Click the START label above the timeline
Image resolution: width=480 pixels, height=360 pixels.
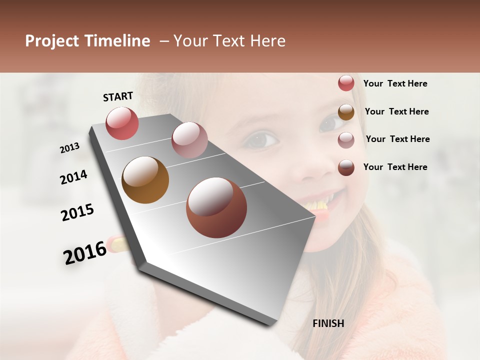click(118, 96)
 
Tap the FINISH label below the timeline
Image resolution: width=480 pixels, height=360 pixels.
click(328, 323)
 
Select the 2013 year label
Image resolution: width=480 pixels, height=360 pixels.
click(70, 148)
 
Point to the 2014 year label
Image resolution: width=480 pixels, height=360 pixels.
click(73, 177)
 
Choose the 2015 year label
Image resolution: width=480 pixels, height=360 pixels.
click(77, 212)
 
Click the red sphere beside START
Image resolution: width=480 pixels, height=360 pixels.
click(122, 123)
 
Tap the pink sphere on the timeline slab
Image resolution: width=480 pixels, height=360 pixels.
click(189, 140)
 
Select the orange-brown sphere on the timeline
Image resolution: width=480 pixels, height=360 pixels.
click(145, 180)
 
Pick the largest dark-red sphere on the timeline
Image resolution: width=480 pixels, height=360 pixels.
click(216, 207)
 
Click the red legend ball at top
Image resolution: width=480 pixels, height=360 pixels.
click(346, 83)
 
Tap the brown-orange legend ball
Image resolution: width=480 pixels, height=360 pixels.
click(346, 112)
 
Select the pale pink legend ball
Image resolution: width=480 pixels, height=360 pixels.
click(346, 140)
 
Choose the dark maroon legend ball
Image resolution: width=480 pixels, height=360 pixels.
click(346, 167)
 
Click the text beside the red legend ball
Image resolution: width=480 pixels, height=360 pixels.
click(395, 83)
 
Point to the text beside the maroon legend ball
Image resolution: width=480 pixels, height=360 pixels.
click(395, 167)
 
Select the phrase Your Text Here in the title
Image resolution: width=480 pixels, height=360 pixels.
click(229, 41)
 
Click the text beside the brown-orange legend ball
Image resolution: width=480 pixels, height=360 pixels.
click(396, 111)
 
